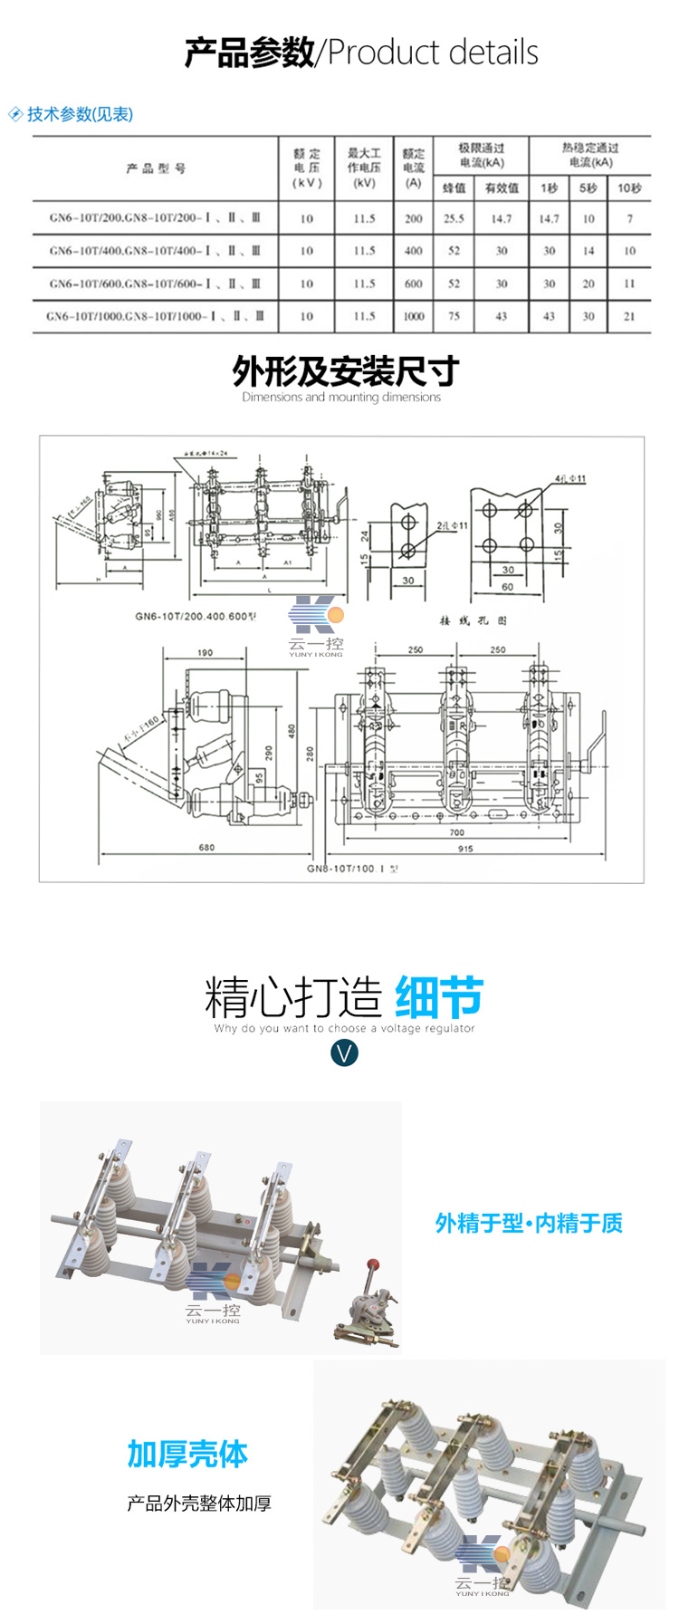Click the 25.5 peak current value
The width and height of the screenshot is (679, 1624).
[454, 218]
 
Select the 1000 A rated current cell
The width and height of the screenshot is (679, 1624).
[414, 316]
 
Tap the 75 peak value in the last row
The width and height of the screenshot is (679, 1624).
[454, 316]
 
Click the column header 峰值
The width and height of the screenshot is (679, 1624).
[454, 188]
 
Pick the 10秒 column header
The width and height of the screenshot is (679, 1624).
[629, 188]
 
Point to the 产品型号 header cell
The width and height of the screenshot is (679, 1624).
[156, 168]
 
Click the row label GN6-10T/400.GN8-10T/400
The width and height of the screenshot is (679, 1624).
[155, 251]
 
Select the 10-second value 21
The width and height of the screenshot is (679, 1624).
[629, 316]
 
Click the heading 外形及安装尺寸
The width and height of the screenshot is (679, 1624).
[345, 371]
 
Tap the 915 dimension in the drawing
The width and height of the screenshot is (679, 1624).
[465, 849]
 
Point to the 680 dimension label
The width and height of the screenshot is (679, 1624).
[206, 848]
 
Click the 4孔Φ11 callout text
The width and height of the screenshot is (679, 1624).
[570, 478]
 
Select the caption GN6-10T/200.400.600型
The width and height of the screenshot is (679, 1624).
[196, 617]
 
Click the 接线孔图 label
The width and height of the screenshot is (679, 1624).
[473, 620]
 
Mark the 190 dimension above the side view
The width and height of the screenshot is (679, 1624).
[205, 652]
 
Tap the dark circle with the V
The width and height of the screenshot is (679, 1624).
[345, 1052]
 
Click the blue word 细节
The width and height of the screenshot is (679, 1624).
[439, 998]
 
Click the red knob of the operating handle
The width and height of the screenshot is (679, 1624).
[372, 1264]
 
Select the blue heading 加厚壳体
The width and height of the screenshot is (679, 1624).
[187, 1455]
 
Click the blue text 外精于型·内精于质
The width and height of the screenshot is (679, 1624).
[529, 1224]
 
